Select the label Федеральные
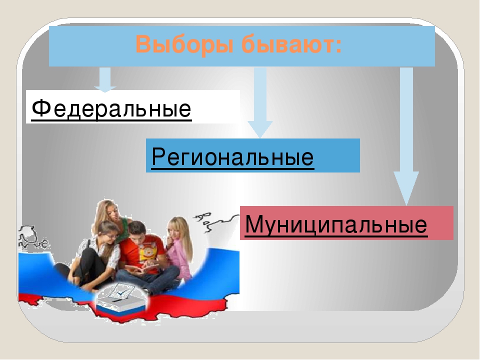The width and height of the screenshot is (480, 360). tap(111, 108)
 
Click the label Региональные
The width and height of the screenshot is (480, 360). tap(232, 157)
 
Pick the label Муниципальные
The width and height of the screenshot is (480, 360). tap(336, 225)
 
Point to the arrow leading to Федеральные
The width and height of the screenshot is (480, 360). tap(105, 79)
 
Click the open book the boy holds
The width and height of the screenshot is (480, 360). tap(140, 269)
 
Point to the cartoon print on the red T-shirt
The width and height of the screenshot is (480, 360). tap(148, 252)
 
